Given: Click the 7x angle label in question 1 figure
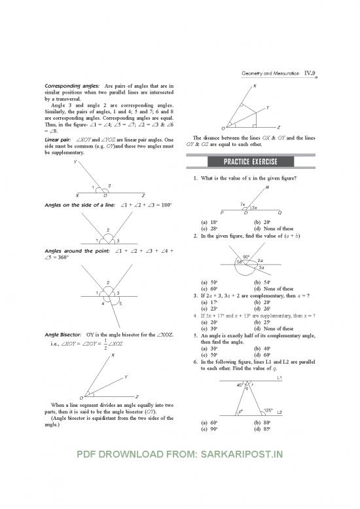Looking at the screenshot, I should pyautogui.click(x=243, y=204).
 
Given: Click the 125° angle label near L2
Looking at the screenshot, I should pyautogui.click(x=267, y=410).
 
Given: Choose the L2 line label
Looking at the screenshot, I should pyautogui.click(x=279, y=413).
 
